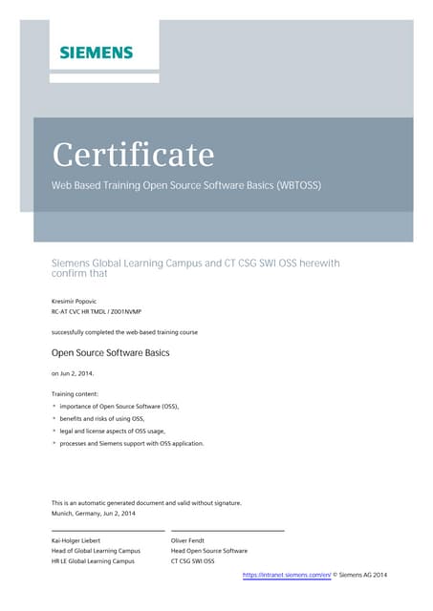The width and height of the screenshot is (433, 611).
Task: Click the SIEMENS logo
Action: tap(96, 52)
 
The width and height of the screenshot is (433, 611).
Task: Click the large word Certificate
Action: tap(133, 154)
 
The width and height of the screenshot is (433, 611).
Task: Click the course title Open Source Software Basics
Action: tap(110, 352)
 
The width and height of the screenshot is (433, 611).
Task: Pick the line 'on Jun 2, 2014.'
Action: tap(72, 373)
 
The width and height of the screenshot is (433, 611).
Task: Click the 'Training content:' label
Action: tap(76, 393)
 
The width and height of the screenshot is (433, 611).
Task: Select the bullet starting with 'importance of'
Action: tap(119, 406)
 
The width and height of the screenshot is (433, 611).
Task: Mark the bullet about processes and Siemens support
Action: tap(131, 443)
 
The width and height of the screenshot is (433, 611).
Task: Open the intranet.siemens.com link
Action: tap(287, 575)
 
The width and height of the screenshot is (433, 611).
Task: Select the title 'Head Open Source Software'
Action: tap(208, 551)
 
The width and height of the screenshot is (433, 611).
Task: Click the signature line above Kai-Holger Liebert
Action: tap(107, 530)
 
